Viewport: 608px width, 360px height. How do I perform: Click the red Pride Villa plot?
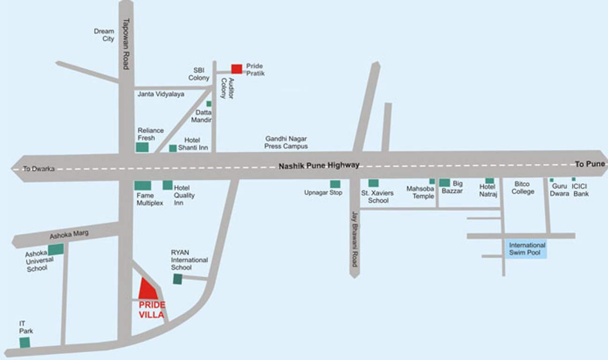pyautogui.click(x=148, y=290)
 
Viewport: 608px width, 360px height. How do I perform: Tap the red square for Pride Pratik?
pyautogui.click(x=237, y=69)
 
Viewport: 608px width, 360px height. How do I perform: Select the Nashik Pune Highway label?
pyautogui.click(x=319, y=165)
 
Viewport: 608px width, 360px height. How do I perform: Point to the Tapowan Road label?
pyautogui.click(x=126, y=44)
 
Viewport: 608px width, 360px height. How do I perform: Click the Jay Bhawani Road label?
pyautogui.click(x=355, y=239)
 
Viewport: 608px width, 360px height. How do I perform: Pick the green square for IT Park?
pyautogui.click(x=25, y=343)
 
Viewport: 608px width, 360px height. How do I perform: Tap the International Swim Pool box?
pyautogui.click(x=527, y=249)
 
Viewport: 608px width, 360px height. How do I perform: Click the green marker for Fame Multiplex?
pyautogui.click(x=143, y=186)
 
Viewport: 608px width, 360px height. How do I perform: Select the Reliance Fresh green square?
pyautogui.click(x=142, y=147)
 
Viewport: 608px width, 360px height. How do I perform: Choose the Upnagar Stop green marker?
pyautogui.click(x=335, y=184)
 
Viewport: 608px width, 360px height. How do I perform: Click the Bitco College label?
pyautogui.click(x=523, y=188)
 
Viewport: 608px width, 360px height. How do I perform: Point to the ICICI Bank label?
pyautogui.click(x=581, y=190)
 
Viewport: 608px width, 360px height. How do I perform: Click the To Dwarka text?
pyautogui.click(x=39, y=169)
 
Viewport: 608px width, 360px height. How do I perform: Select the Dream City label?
pyautogui.click(x=104, y=35)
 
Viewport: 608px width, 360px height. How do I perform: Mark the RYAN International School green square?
pyautogui.click(x=178, y=279)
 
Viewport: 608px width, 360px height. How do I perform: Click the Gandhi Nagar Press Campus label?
pyautogui.click(x=286, y=142)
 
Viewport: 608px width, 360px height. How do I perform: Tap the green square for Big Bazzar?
pyautogui.click(x=444, y=183)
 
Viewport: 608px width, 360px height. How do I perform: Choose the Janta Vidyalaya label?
pyautogui.click(x=161, y=94)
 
